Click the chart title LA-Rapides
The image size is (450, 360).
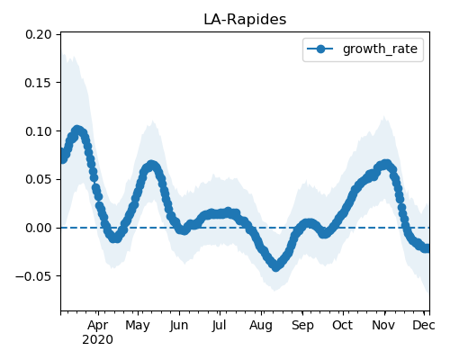[x=245, y=20]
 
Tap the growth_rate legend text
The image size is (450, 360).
[x=380, y=49]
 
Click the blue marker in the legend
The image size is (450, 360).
[x=320, y=49]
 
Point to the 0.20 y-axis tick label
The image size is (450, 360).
[x=39, y=34]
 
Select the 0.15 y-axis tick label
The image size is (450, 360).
[x=39, y=83]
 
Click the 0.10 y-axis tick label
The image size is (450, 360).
[x=39, y=131]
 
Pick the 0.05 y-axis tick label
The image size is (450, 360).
[x=39, y=180]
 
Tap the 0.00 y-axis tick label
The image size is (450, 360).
[x=39, y=228]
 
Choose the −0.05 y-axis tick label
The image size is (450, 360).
[x=33, y=276]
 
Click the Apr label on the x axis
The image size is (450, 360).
[x=98, y=326]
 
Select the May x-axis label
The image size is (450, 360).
[x=138, y=326]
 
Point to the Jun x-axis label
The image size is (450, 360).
[x=179, y=326]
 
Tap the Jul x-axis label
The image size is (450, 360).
[x=219, y=326]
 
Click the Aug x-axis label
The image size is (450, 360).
[x=261, y=326]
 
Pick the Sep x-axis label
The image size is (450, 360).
[x=302, y=326]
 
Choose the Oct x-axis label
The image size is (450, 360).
[x=342, y=326]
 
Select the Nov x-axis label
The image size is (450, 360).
[x=383, y=326]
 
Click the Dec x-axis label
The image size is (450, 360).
[x=424, y=326]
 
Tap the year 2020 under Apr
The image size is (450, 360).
[x=98, y=340]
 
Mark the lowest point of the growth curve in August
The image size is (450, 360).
[x=276, y=266]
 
